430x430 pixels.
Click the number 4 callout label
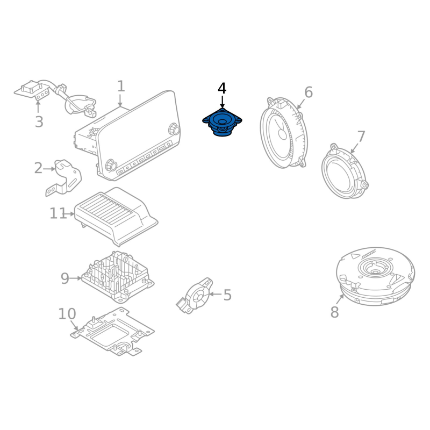point(222,88)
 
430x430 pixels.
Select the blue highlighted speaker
point(222,123)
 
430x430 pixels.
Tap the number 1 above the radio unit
point(121,86)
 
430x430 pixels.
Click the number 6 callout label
point(309,92)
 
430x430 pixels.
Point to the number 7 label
point(361,137)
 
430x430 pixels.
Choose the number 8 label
point(334,312)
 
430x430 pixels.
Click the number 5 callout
point(227,295)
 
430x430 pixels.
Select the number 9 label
point(64,278)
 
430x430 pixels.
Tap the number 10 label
point(67,314)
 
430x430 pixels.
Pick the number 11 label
point(58,213)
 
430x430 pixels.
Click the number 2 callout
point(38,168)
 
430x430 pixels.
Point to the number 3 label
point(39,122)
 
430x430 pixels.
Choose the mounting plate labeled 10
point(112,332)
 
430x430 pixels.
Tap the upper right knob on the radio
point(174,128)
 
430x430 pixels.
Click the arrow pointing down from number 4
point(222,102)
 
